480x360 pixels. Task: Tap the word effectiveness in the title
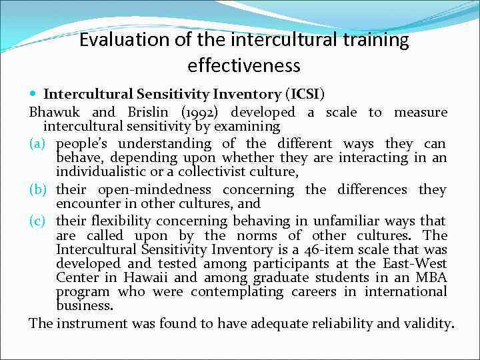244,66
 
